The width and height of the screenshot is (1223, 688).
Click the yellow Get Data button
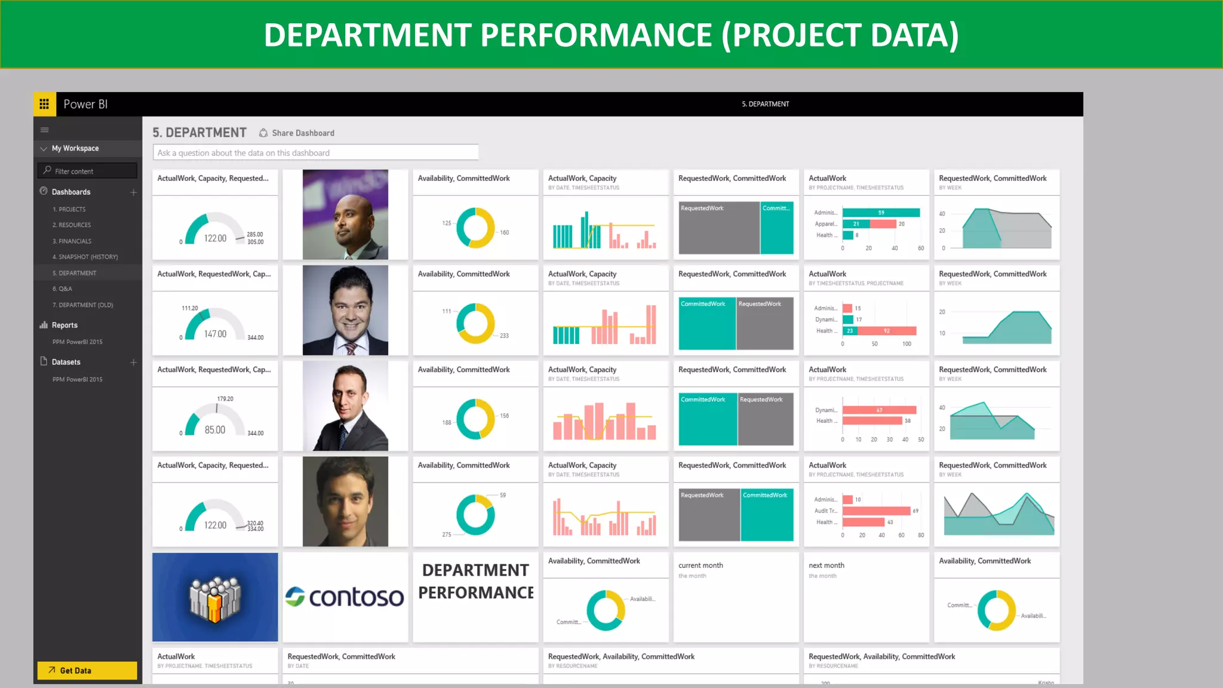[87, 670]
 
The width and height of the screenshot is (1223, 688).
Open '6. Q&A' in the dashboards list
[62, 289]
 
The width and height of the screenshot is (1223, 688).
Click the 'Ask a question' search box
[315, 153]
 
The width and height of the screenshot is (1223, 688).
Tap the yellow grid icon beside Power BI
[44, 104]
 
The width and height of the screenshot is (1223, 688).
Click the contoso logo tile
[345, 597]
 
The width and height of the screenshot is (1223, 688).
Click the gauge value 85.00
[215, 430]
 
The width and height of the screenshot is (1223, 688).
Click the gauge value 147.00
[215, 334]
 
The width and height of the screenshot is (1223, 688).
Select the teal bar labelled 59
[881, 213]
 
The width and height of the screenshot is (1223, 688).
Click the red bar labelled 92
[887, 331]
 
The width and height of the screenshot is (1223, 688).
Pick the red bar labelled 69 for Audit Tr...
[877, 511]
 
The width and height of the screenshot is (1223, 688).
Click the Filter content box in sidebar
[87, 171]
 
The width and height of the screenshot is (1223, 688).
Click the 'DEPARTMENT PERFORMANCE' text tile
[475, 582]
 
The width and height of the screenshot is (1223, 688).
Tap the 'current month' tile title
[700, 565]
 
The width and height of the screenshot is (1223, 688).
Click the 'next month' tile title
[826, 565]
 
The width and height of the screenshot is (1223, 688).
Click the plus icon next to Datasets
[134, 363]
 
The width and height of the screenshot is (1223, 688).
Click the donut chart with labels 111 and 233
[475, 323]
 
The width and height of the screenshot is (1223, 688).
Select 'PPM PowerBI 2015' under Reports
[77, 342]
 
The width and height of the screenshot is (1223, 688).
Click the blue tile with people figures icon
[215, 597]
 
